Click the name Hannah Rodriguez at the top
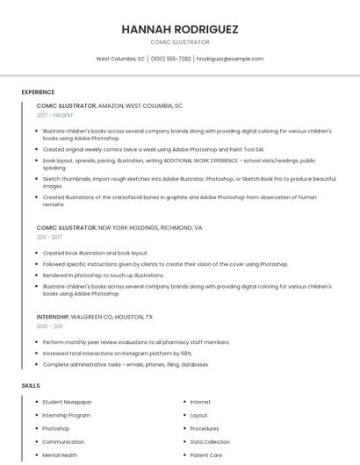coord(179,29)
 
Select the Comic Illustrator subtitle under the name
coord(179,42)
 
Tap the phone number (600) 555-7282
coord(170,59)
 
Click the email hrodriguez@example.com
coord(230,59)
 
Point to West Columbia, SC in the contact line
coord(120,59)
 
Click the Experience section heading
coord(38,92)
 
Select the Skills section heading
coord(31,385)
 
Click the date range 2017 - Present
coord(54,115)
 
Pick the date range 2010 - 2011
coord(49,326)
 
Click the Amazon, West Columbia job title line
coord(109,105)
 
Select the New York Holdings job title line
coord(119,227)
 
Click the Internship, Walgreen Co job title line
coord(94,317)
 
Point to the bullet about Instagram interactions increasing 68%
coord(117,353)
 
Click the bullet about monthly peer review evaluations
coord(136,342)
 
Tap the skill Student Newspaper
coord(67,402)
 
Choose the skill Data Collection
coord(209,442)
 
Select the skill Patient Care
coord(205,455)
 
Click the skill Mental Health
coord(60,455)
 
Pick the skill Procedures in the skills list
coord(204,429)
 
